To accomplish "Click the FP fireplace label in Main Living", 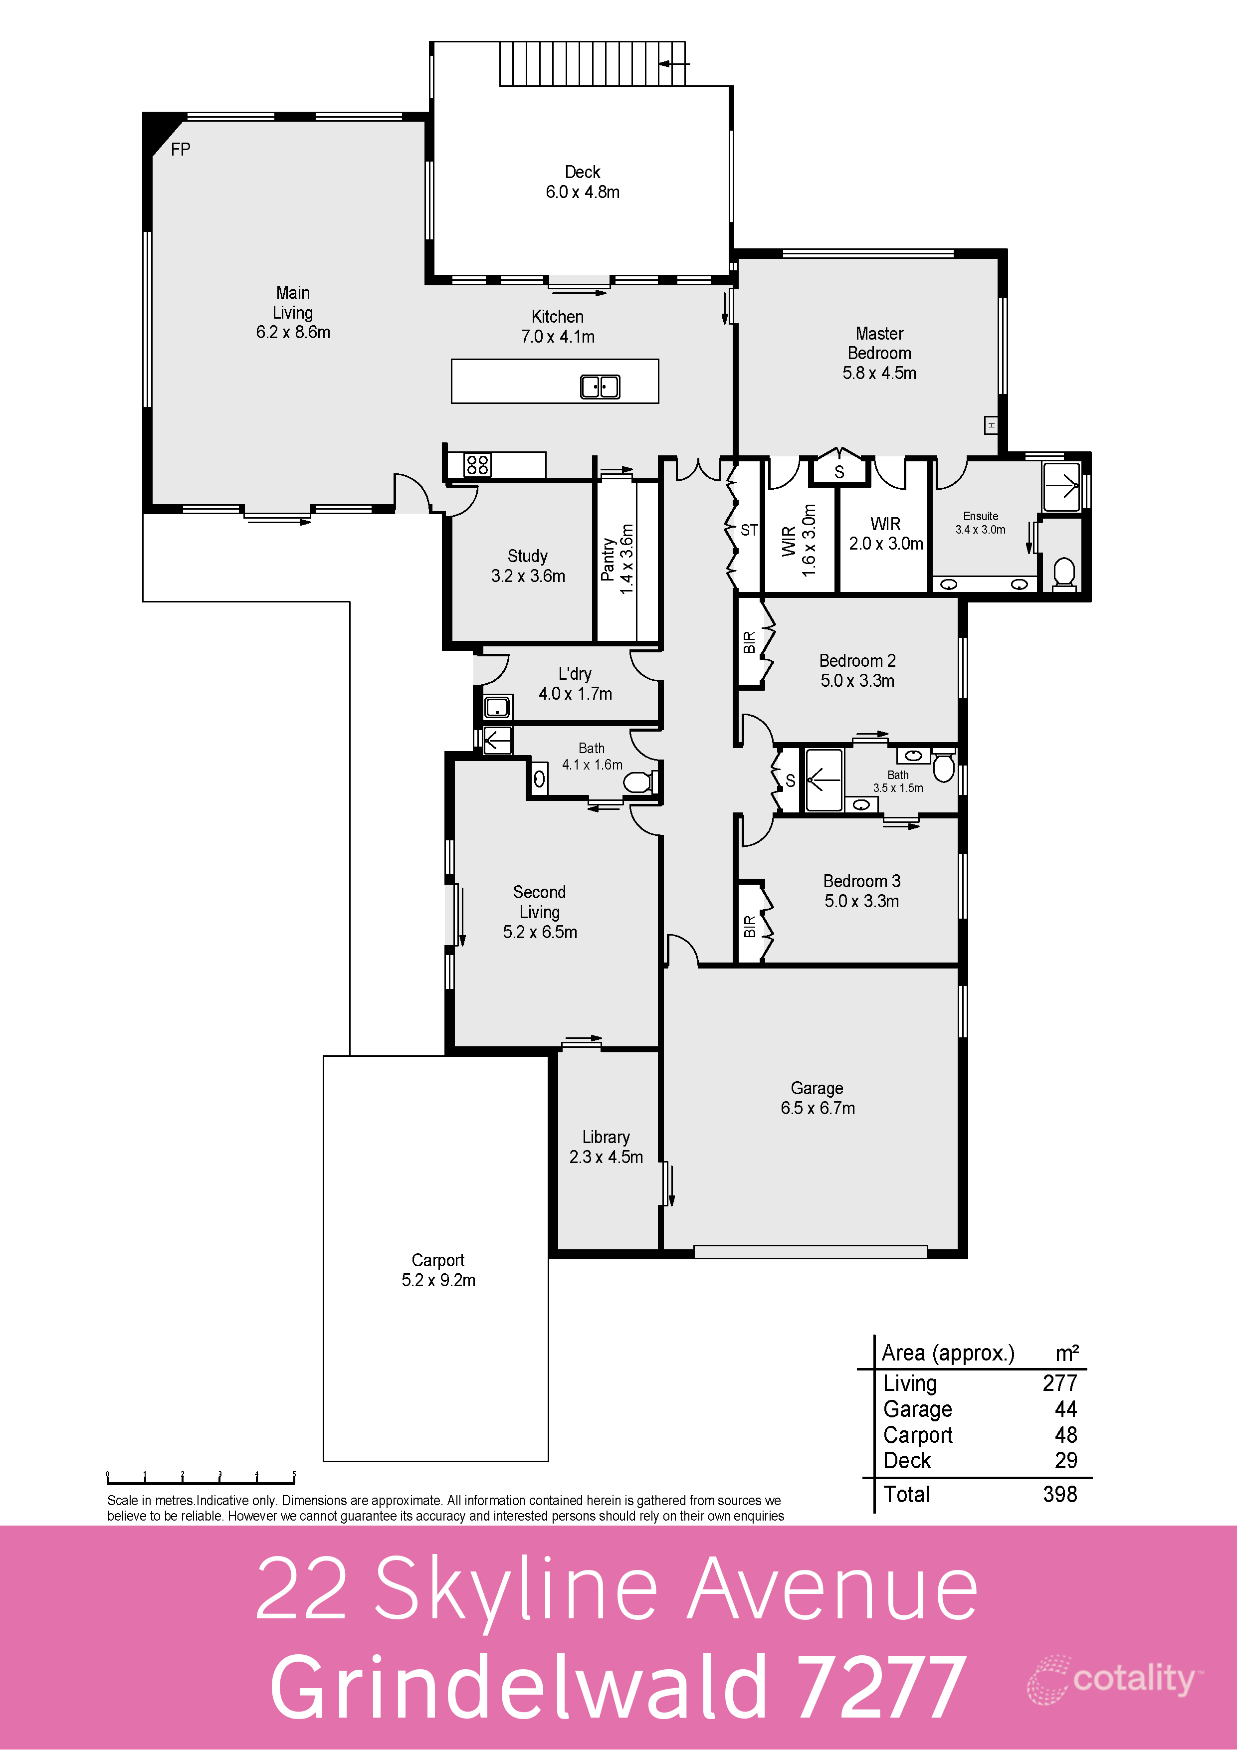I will point(181,150).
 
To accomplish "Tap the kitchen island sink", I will point(600,387).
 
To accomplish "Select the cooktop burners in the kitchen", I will point(478,464).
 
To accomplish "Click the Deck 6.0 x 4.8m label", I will point(582,182).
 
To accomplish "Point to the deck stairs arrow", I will point(674,64).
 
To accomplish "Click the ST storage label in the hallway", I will point(749,530).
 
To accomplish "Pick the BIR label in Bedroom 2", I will point(749,642).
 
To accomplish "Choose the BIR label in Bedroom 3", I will point(749,926).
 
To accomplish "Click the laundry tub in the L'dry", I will point(497,707).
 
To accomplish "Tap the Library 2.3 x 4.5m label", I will point(606,1147).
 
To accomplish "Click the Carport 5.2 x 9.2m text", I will point(438,1270).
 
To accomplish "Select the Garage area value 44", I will point(1065,1408).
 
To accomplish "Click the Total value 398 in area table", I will point(1059,1494).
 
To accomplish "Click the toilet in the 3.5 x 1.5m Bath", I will point(944,768).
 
